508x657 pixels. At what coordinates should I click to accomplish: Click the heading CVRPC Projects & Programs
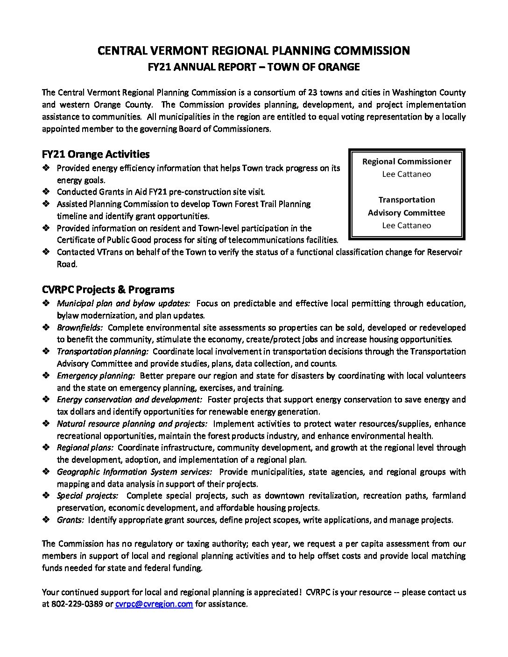click(x=108, y=289)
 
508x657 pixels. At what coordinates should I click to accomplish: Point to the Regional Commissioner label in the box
click(x=407, y=161)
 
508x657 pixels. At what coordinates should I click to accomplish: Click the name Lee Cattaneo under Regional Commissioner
click(x=407, y=174)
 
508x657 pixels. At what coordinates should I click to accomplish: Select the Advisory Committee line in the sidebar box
click(x=407, y=213)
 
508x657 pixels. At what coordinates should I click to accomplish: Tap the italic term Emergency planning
click(x=96, y=376)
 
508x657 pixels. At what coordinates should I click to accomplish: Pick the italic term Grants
click(x=71, y=520)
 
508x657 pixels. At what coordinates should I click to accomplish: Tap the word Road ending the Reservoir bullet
click(x=66, y=264)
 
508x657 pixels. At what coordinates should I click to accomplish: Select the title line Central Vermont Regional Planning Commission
click(x=254, y=50)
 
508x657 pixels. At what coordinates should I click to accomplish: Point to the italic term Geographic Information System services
click(x=134, y=472)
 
